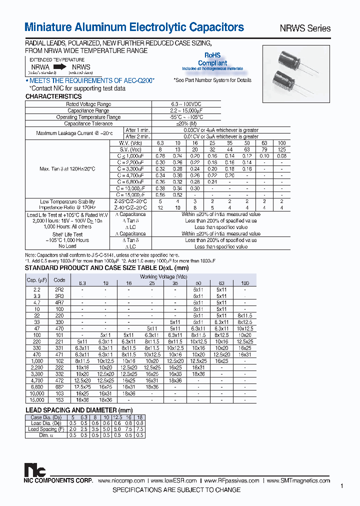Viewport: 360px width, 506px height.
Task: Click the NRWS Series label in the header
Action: [x=307, y=28]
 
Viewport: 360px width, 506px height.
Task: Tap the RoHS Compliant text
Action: [x=212, y=60]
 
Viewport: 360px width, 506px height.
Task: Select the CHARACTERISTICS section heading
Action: [x=53, y=96]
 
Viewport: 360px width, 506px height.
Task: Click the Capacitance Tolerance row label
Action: [x=88, y=123]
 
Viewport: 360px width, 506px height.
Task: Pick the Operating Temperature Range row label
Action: [x=88, y=117]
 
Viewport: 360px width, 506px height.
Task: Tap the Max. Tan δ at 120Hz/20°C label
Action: [x=67, y=169]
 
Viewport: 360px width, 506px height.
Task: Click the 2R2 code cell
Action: [x=59, y=289]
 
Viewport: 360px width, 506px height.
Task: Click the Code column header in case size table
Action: [x=59, y=280]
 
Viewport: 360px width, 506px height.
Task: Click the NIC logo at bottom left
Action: [x=35, y=470]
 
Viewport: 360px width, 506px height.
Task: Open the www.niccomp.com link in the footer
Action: [x=121, y=480]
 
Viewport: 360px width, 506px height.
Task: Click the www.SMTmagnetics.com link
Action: [x=298, y=480]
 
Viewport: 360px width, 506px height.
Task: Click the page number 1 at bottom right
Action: [x=341, y=486]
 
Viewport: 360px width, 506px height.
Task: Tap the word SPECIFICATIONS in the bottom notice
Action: [x=143, y=490]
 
